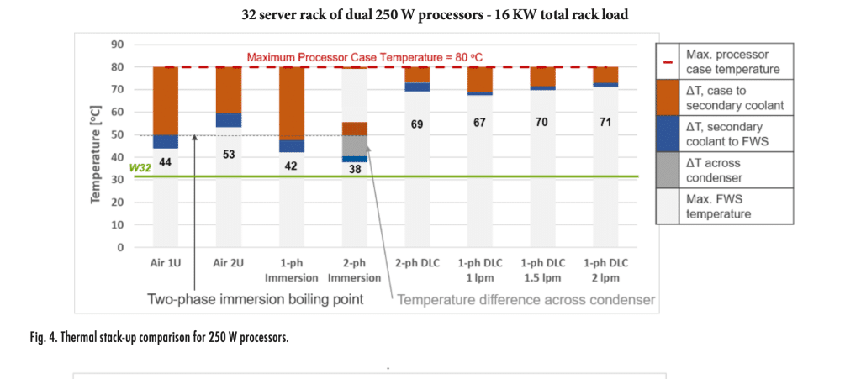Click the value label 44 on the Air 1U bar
166,161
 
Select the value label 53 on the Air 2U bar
228,154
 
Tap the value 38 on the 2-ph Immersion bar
354,168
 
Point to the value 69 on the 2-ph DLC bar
416,124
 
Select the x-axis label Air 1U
165,263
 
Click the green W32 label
139,168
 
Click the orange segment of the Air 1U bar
166,100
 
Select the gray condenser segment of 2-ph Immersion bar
354,145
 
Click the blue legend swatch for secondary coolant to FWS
668,135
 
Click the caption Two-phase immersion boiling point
256,299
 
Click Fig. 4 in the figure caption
47,340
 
